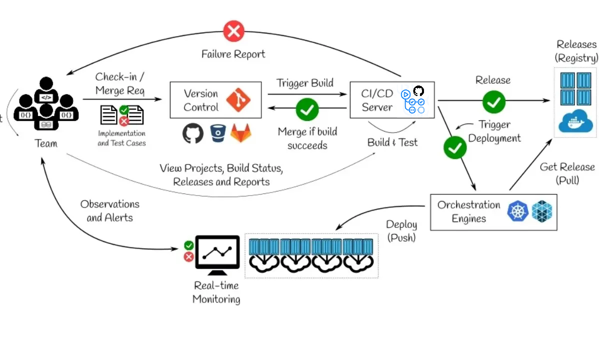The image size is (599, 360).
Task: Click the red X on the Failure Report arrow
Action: [x=233, y=31]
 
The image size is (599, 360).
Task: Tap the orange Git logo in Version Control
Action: [x=238, y=100]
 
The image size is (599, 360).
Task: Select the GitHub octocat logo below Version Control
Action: [x=193, y=133]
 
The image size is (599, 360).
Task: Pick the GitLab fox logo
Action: [x=240, y=133]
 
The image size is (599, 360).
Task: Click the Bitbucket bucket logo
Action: [x=218, y=133]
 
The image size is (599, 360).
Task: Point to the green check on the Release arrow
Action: [x=493, y=102]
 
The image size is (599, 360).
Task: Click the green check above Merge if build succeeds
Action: [x=307, y=109]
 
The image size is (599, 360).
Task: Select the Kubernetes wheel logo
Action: [x=517, y=211]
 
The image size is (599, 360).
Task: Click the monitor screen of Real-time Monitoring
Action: [x=217, y=251]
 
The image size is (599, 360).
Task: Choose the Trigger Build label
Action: [x=305, y=83]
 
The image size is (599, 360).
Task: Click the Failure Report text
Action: [x=233, y=53]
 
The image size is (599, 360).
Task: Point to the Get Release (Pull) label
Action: [x=567, y=173]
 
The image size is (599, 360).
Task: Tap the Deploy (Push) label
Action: [x=401, y=231]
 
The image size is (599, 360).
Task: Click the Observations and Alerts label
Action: [x=109, y=210]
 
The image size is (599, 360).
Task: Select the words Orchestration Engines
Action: [x=468, y=211]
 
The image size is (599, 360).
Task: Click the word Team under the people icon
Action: [x=46, y=143]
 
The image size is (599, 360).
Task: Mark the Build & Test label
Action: [x=392, y=142]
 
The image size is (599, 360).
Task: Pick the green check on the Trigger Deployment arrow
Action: [x=454, y=147]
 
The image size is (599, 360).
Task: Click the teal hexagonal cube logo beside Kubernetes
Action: [x=542, y=211]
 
